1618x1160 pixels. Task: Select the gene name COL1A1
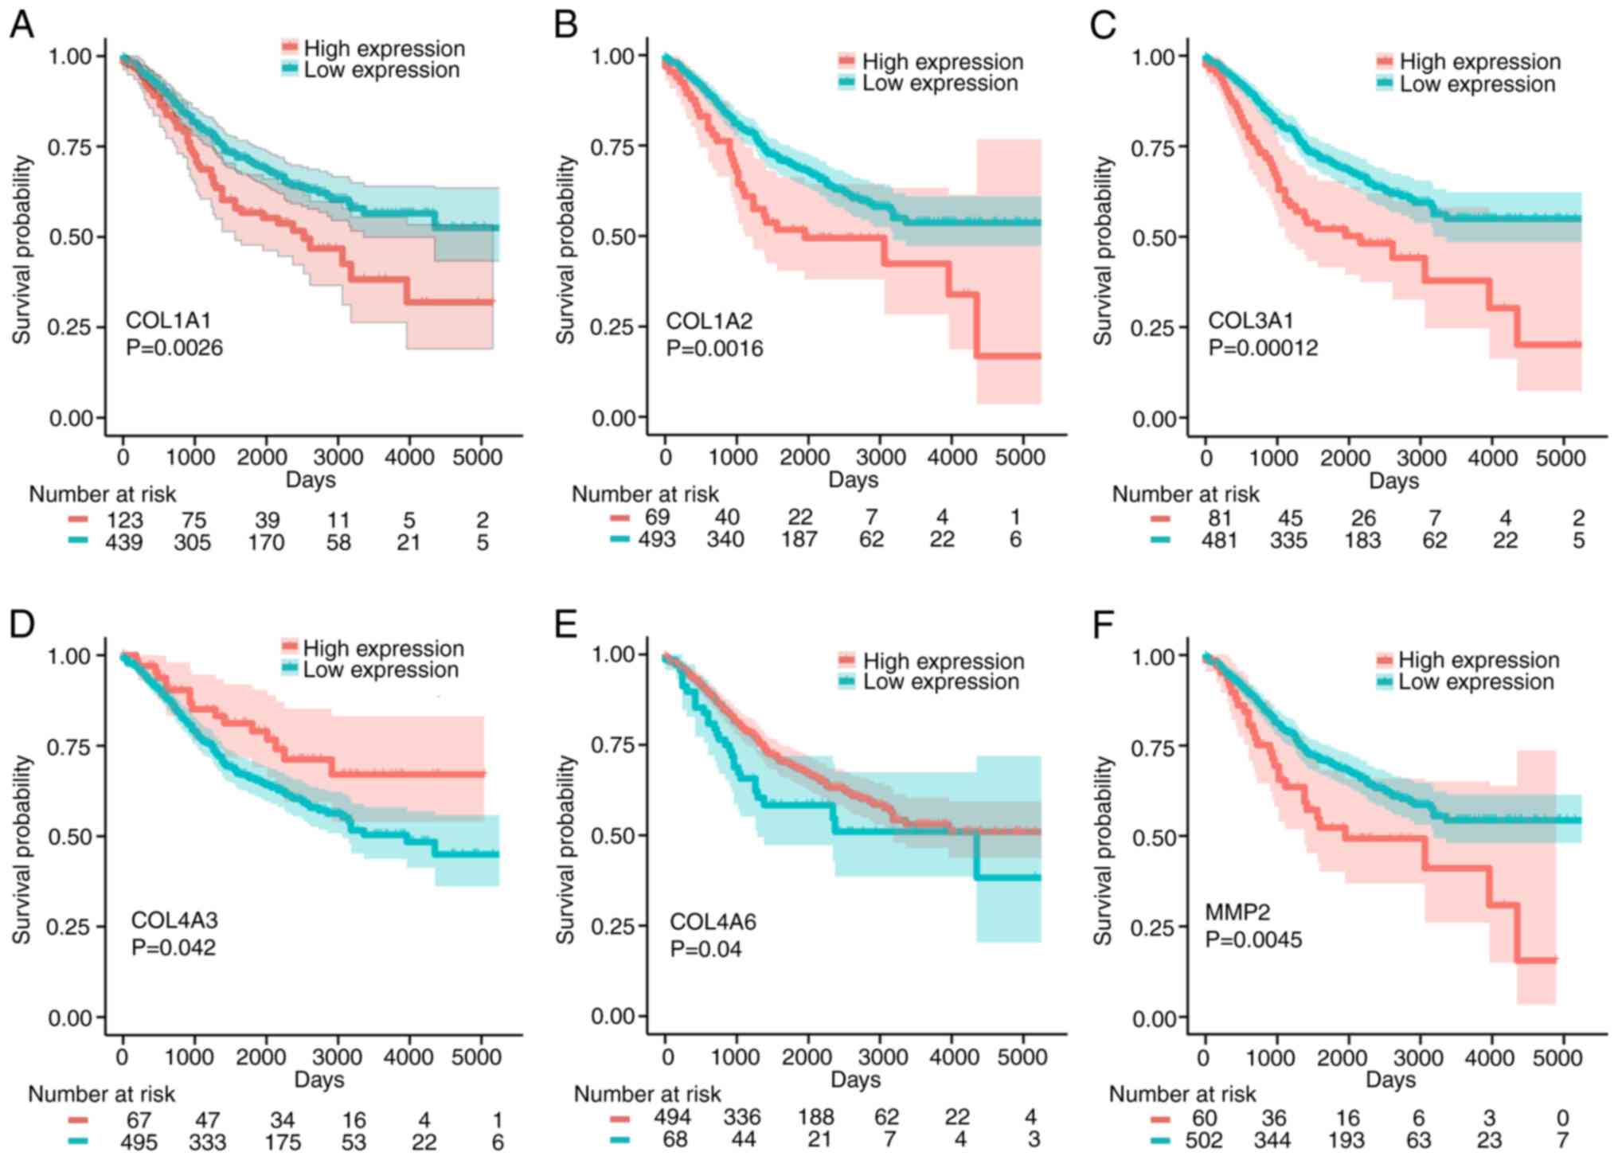pos(168,320)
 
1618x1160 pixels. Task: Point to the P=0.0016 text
pos(714,349)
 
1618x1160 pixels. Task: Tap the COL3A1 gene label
pos(1250,320)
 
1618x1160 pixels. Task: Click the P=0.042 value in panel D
pos(174,947)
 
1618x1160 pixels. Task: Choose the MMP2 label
pos(1237,912)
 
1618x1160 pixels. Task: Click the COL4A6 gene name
pos(713,921)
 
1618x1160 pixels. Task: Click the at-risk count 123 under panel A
pos(124,521)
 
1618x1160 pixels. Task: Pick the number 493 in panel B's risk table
pos(656,540)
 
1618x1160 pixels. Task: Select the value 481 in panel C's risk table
pos(1219,541)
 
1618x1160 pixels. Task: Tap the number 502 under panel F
pos(1203,1141)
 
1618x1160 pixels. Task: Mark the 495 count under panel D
pos(139,1142)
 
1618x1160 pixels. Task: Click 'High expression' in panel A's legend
pos(384,49)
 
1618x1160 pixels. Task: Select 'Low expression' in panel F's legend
pos(1475,682)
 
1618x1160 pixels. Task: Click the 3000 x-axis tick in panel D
pos(337,1057)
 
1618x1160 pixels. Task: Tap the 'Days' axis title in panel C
pos(1393,481)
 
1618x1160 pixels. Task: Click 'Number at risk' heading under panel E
pos(647,1094)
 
